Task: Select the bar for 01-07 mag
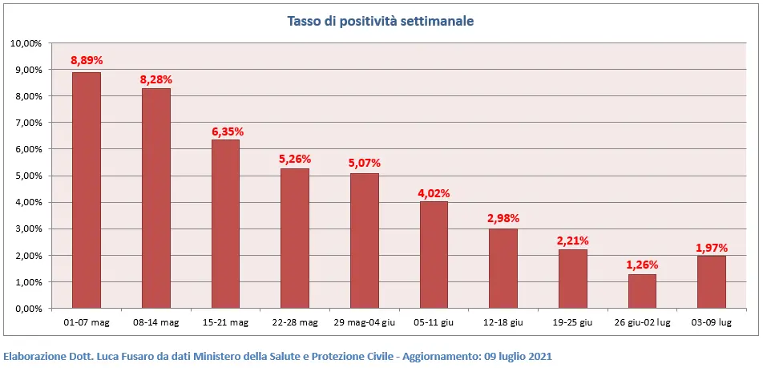87,190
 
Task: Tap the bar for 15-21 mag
225,224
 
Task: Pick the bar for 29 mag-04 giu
365,241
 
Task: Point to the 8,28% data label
156,79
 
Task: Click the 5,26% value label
295,159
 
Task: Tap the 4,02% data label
434,192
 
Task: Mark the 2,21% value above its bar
573,241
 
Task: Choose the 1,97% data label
712,247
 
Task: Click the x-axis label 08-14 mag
156,322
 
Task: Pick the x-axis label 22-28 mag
295,322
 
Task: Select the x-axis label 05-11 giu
434,322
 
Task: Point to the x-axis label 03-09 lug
712,322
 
